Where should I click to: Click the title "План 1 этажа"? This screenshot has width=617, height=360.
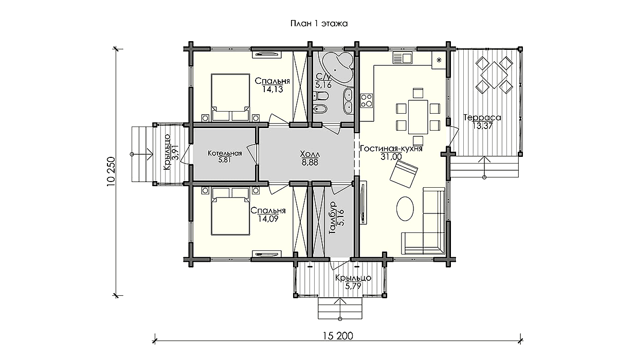(x=319, y=24)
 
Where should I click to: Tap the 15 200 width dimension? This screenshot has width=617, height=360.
(x=338, y=336)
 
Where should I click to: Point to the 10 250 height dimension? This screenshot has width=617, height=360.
(x=111, y=172)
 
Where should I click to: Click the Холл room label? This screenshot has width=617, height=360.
(x=310, y=154)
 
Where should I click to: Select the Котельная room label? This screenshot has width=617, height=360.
(x=225, y=153)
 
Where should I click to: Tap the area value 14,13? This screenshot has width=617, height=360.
(x=273, y=89)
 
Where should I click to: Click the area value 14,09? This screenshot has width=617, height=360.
(x=268, y=219)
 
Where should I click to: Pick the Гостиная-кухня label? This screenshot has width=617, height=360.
(x=391, y=149)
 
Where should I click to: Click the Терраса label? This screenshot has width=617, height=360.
(x=482, y=118)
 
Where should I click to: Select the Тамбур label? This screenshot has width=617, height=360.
(x=333, y=218)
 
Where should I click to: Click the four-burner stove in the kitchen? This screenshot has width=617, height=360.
(x=367, y=100)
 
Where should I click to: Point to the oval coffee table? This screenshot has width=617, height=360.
(x=405, y=208)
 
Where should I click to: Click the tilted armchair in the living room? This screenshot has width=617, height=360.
(x=404, y=174)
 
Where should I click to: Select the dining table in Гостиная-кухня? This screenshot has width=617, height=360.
(x=418, y=117)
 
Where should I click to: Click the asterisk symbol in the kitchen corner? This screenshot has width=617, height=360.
(x=439, y=60)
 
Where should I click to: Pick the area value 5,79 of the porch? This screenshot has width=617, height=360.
(x=353, y=286)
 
